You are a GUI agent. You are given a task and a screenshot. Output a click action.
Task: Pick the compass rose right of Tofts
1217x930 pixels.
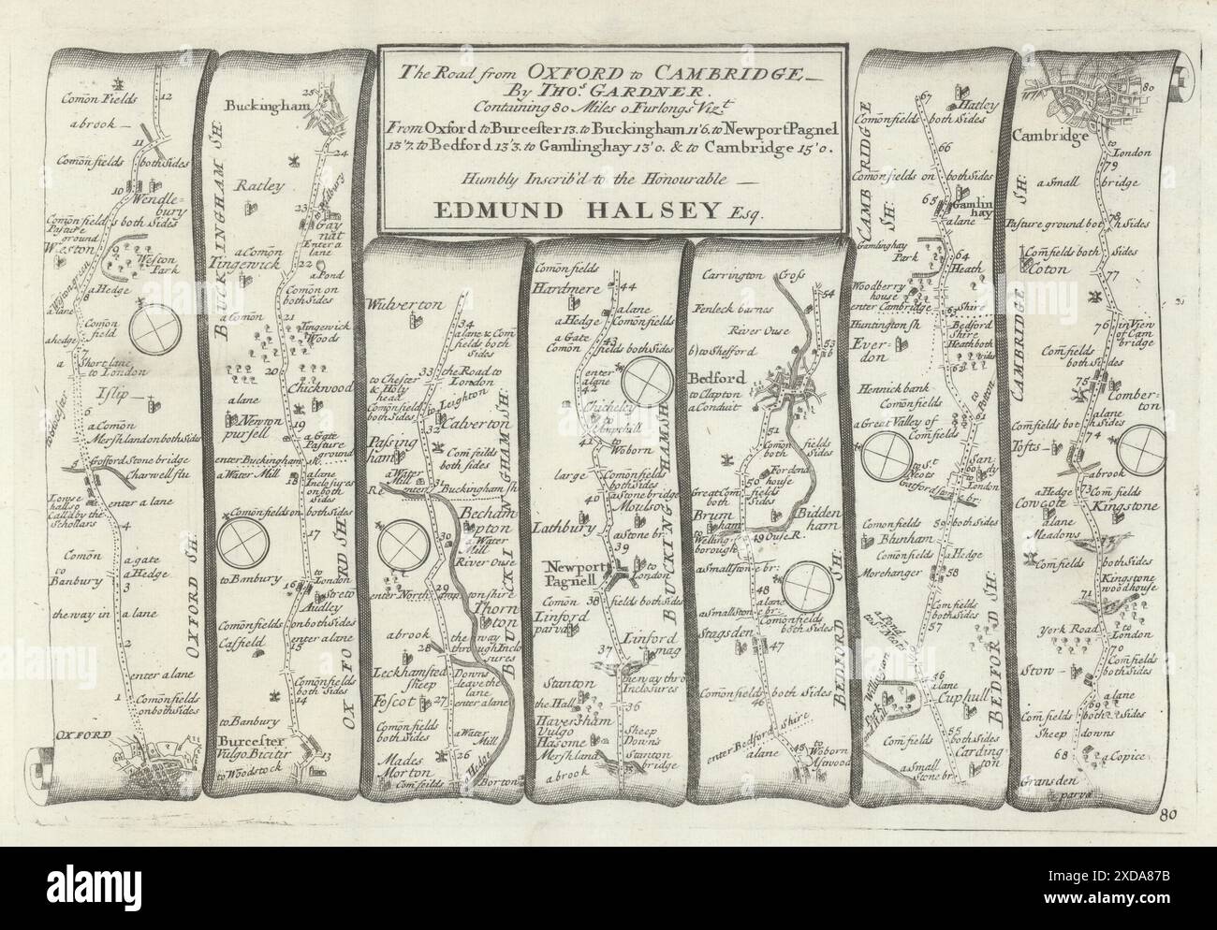coord(1146,447)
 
